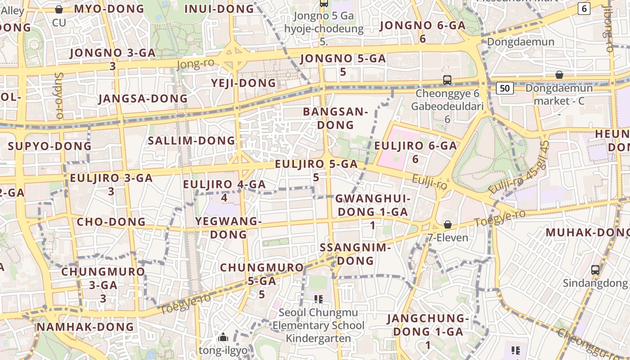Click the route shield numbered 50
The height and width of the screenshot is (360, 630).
tap(505, 88)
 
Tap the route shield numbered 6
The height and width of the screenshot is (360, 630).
tap(584, 9)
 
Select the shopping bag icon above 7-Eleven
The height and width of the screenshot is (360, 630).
tap(448, 225)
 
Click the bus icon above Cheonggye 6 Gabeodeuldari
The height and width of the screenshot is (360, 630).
tap(447, 80)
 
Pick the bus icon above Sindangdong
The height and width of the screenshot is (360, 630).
tap(595, 270)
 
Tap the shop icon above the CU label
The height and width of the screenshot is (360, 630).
tap(58, 9)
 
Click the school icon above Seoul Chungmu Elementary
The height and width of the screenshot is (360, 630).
tap(319, 299)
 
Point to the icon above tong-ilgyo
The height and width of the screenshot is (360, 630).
tap(223, 337)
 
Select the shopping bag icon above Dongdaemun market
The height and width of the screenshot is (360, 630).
tap(559, 75)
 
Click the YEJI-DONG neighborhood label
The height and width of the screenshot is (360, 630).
tap(243, 83)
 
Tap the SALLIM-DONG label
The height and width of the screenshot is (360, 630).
tap(192, 141)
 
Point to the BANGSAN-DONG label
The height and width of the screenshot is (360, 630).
tap(335, 118)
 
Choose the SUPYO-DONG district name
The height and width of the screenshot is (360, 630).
tap(49, 146)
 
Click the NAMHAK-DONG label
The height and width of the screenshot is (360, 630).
tap(85, 327)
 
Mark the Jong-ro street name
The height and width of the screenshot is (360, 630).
tap(195, 64)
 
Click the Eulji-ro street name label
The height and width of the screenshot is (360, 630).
tap(430, 182)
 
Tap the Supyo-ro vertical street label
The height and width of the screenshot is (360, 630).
tap(59, 95)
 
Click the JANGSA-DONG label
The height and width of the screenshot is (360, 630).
tap(143, 99)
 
